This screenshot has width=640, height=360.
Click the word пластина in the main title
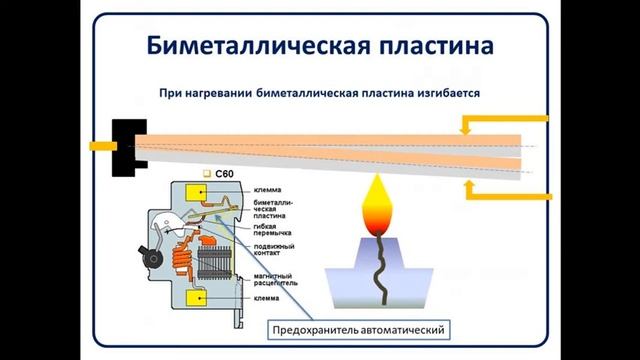coord(419,46)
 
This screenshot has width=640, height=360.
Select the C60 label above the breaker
coord(224,173)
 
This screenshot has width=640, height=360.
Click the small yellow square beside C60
coord(206,173)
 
